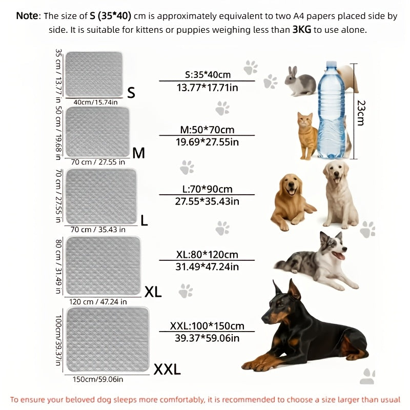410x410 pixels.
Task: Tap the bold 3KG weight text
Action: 302,30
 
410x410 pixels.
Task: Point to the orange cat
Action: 306,132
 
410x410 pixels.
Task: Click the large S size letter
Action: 131,92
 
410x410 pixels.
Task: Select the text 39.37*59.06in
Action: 207,338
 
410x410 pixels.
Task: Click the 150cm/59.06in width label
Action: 97,380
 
